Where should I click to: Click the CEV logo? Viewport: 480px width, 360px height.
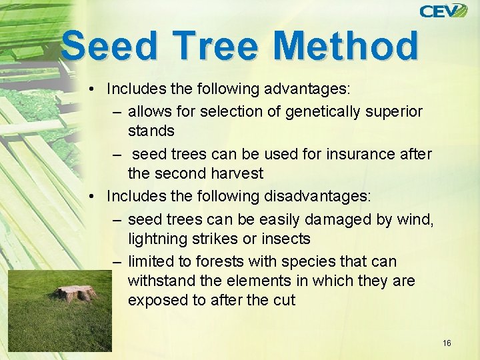443,11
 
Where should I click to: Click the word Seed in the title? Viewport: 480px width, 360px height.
113,47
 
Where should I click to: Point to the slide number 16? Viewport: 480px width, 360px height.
447,343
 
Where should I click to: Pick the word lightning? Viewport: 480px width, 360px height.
157,239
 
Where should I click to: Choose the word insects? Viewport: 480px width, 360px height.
287,239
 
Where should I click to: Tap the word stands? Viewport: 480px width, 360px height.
151,130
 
